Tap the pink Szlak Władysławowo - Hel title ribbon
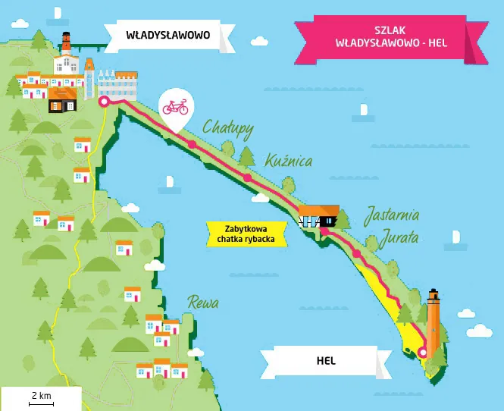390,36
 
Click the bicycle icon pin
174,108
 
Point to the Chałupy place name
227,128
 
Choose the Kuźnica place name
289,160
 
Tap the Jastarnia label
392,215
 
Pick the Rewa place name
203,303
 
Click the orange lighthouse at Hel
433,322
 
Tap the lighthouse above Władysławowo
67,42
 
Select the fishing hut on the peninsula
318,216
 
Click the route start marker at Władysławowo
105,99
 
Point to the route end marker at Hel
422,351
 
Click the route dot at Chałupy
192,144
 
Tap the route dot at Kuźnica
247,178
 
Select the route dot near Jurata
356,254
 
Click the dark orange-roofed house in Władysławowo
63,99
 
